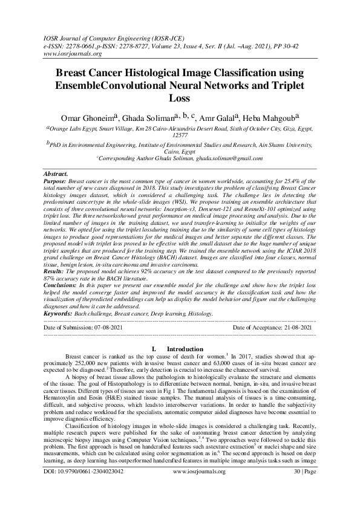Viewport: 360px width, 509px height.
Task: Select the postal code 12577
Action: tap(180, 137)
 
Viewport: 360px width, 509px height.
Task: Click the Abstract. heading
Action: tap(57, 174)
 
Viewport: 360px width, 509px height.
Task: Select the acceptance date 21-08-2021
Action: tap(296, 327)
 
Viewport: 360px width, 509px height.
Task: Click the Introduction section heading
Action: tap(185, 349)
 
